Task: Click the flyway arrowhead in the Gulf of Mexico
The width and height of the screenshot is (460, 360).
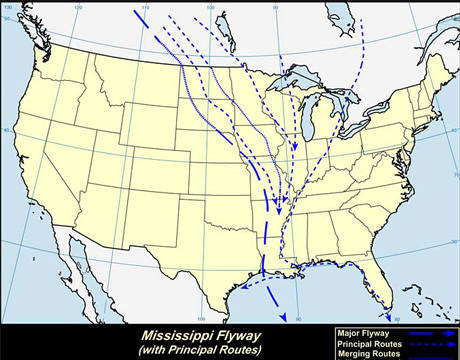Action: (x=283, y=317)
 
